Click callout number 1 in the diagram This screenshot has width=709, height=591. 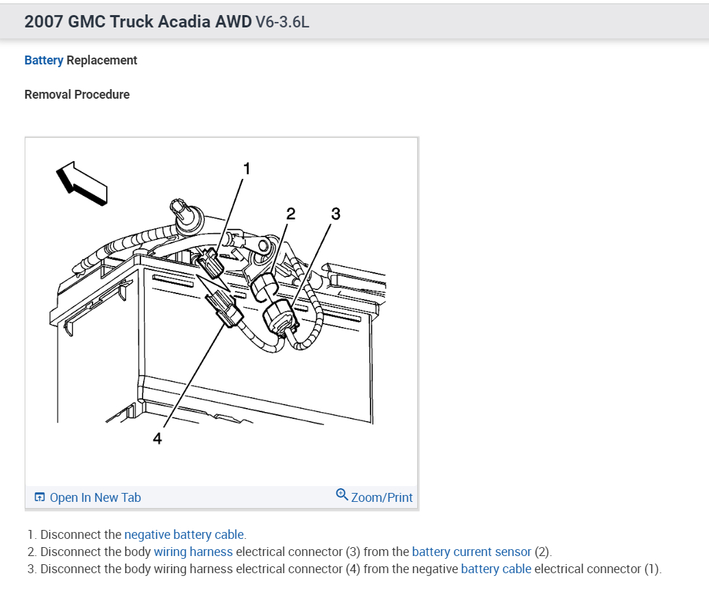247,168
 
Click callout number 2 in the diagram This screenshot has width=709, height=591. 291,214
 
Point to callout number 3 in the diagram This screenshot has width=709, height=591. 335,214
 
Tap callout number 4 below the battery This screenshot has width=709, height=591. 158,439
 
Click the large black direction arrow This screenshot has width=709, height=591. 82,182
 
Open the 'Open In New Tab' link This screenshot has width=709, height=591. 95,497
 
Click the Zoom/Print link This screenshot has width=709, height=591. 382,497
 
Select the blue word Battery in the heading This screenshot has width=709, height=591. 44,60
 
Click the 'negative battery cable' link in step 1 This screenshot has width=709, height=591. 184,534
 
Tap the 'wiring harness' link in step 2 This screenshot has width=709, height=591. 193,551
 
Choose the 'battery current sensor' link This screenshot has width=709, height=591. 471,551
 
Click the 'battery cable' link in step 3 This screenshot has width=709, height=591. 496,568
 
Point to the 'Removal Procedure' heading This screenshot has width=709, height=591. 77,95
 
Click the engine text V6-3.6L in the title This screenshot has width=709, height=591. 282,21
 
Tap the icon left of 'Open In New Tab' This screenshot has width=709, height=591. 40,497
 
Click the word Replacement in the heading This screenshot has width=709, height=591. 102,60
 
